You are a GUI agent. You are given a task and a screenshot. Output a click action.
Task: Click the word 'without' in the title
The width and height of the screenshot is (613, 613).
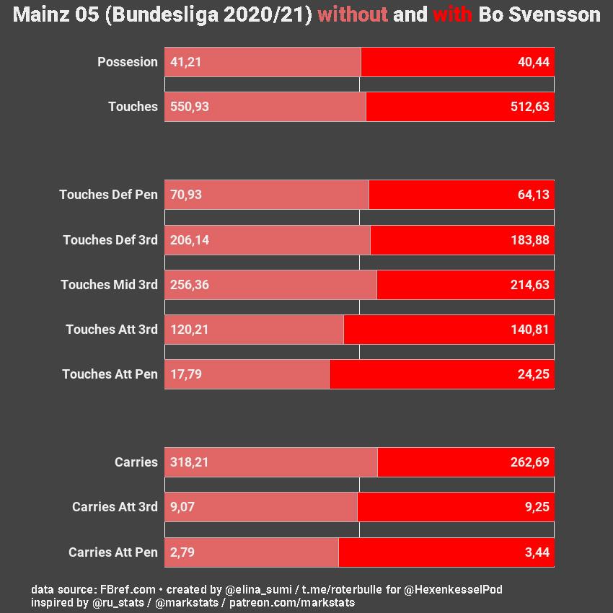click(x=352, y=14)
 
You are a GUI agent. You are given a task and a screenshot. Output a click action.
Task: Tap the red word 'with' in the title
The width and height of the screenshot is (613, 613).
click(x=452, y=14)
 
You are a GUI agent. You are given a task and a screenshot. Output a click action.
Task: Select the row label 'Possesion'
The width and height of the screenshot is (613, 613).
click(x=128, y=62)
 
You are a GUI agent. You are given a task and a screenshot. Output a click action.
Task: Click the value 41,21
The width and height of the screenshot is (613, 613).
click(x=186, y=62)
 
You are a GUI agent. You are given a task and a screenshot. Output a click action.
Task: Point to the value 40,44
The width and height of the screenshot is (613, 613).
click(x=534, y=62)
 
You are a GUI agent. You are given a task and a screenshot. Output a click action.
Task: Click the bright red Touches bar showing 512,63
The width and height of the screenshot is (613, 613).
click(x=460, y=107)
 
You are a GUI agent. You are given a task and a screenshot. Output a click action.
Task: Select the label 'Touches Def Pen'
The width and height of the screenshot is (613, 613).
click(x=108, y=195)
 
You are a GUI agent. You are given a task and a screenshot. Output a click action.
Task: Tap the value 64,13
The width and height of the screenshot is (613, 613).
click(x=534, y=195)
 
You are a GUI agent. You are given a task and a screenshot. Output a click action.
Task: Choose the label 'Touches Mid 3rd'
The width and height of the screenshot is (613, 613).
click(x=109, y=285)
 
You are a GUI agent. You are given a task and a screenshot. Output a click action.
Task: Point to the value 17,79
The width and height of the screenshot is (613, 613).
click(x=186, y=374)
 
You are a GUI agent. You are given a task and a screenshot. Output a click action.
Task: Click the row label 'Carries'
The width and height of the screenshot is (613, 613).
click(x=136, y=462)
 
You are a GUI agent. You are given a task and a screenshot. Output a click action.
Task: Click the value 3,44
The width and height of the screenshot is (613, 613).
click(x=537, y=552)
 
